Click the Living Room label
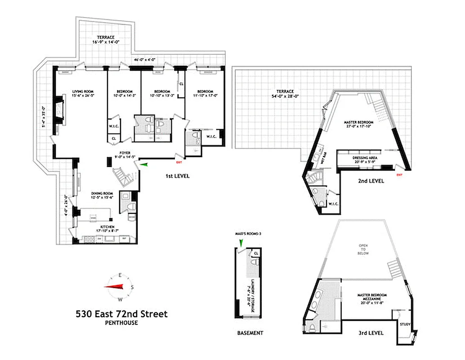click(x=81, y=91)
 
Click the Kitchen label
click(x=104, y=227)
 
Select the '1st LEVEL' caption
click(x=177, y=176)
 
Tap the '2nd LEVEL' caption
click(x=371, y=181)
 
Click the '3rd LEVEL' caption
click(x=371, y=333)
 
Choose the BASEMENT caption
click(x=250, y=333)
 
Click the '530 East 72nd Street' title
click(x=121, y=314)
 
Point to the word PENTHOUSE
click(x=121, y=323)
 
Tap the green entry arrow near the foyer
click(x=144, y=165)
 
